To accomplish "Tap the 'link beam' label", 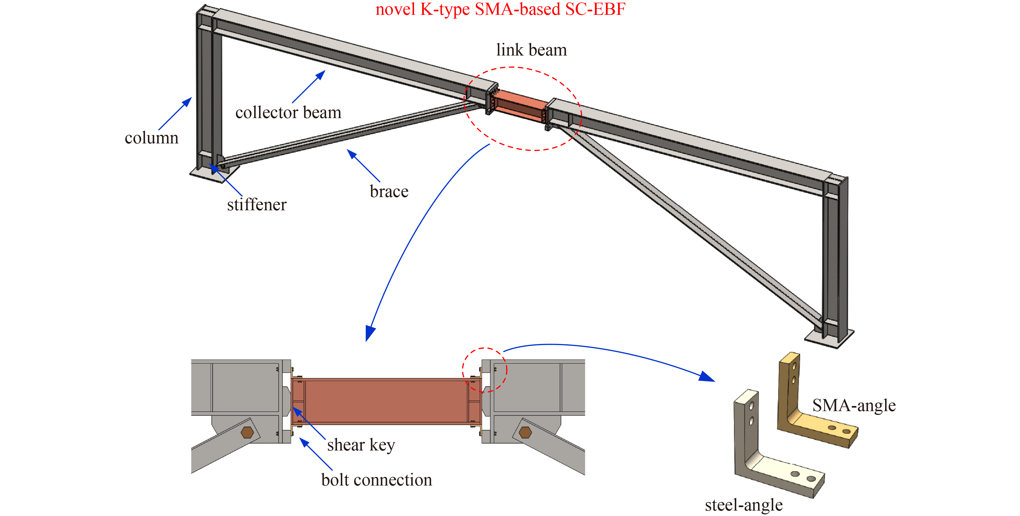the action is (531, 50).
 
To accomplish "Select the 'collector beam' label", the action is (288, 113).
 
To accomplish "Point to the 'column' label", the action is (152, 138).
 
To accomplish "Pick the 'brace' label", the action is (389, 191).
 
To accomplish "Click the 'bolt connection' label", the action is (376, 480).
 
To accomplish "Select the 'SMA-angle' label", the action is (854, 405).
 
